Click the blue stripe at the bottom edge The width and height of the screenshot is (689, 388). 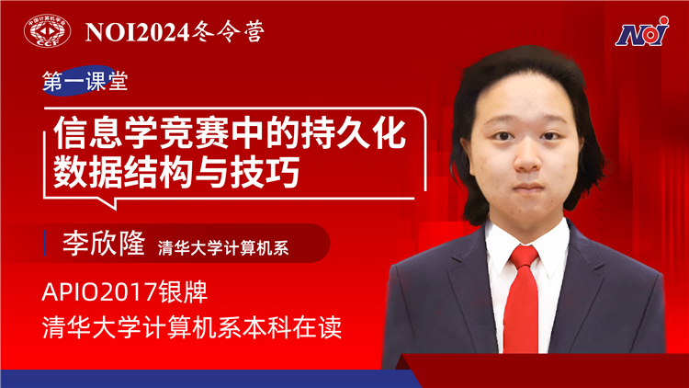184,380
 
